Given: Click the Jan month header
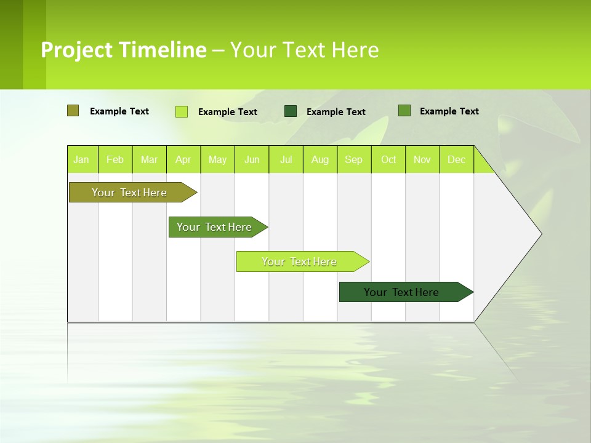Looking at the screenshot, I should click(x=81, y=159).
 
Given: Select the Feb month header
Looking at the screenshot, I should click(x=115, y=159).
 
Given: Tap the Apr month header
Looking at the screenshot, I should click(x=183, y=159).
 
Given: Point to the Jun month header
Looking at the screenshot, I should click(x=252, y=159).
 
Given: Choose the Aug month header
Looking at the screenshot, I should click(x=320, y=159).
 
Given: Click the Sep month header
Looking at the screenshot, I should click(x=353, y=159).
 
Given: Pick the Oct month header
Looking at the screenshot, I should click(x=388, y=159).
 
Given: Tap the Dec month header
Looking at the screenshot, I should click(x=456, y=159).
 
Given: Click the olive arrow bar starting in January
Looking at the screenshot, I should click(x=129, y=193).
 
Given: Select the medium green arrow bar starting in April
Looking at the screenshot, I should click(x=214, y=227).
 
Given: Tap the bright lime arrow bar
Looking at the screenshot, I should click(x=299, y=261).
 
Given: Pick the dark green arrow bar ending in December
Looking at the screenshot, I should click(x=401, y=292).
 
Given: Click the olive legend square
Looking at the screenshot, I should click(x=73, y=111).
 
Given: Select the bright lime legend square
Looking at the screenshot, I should click(x=182, y=111).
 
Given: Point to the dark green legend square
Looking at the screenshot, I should click(x=291, y=111).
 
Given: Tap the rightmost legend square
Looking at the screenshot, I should click(x=404, y=111).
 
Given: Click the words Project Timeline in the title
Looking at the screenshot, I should click(x=123, y=50).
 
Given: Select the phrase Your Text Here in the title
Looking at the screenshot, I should click(x=304, y=50).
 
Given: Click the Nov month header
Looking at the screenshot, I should click(x=422, y=159).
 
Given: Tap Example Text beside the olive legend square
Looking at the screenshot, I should click(x=119, y=111).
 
